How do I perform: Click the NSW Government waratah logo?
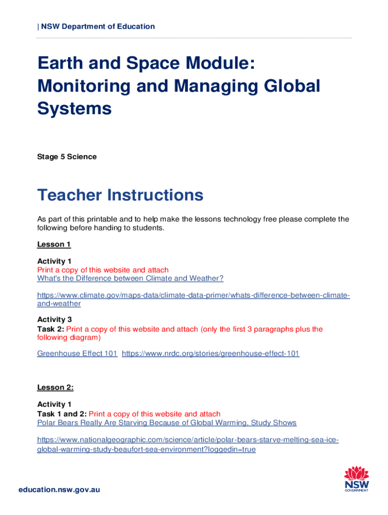356,478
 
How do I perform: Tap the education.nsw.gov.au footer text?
59,489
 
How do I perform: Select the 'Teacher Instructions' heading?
120,195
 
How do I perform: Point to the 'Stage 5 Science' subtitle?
67,156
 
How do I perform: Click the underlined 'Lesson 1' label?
54,244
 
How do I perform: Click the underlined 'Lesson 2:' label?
55,387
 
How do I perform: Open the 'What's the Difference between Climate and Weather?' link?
130,278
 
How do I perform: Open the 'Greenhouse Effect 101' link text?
77,354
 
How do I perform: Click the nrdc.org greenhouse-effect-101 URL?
211,354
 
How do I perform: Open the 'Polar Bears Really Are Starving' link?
167,422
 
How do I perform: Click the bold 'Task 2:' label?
50,329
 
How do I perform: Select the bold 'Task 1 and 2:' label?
62,414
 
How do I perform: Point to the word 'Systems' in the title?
74,108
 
